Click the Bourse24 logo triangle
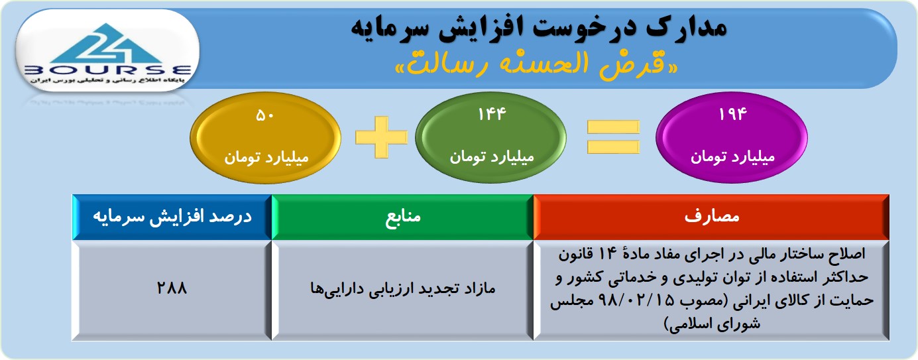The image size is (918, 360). pos(107,44)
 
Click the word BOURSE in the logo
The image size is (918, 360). pos(108,70)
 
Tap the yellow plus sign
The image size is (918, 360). pos(381,137)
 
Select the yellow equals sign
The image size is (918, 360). pos(613,137)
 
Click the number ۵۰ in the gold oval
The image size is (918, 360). pos(265,116)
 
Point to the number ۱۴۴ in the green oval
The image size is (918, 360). pos(492,115)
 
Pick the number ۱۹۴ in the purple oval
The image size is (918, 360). pos(732,115)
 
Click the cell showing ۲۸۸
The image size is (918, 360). pos(172,288)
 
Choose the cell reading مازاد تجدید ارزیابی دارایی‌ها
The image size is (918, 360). pos(402,288)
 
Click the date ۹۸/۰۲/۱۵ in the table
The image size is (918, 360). pos(636,301)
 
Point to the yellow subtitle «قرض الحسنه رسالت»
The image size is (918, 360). pos(536,64)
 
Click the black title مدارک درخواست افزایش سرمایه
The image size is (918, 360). pos(539,27)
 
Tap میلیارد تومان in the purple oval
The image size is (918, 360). pos(732,156)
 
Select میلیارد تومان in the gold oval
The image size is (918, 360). pos(266,157)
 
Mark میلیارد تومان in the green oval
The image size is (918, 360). pos(492,156)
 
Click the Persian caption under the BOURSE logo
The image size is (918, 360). pos(107,80)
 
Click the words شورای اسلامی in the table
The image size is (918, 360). pos(712,324)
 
